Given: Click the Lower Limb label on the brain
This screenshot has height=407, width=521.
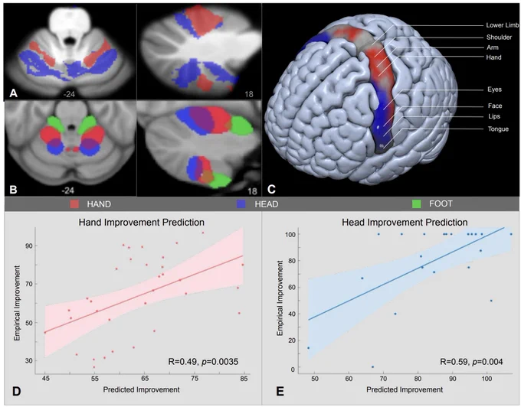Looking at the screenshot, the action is click(x=503, y=25).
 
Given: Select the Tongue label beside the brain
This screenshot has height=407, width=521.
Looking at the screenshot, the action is click(x=498, y=129).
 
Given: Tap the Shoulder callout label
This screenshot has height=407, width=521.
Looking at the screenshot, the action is click(x=499, y=37).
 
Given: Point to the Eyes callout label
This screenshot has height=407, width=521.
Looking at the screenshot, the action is click(x=494, y=90).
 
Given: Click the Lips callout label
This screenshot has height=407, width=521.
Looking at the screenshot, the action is click(x=494, y=116).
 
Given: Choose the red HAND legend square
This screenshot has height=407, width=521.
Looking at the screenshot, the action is click(x=74, y=203).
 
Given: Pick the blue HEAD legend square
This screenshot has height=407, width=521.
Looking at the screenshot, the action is click(x=241, y=203).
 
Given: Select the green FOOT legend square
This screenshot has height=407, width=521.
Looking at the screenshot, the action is click(x=416, y=203).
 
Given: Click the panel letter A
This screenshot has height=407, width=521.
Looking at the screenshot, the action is click(x=13, y=93).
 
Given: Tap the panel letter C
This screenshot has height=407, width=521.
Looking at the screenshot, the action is click(x=271, y=189).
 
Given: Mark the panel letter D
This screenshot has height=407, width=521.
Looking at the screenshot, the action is click(x=16, y=392).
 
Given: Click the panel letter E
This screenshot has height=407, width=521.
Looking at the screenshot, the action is click(x=280, y=392).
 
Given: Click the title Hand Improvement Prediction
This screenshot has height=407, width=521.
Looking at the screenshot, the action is click(x=142, y=222).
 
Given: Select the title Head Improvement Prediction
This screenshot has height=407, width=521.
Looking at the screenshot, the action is click(x=405, y=222).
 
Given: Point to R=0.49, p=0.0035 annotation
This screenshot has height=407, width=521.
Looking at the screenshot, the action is click(x=203, y=361).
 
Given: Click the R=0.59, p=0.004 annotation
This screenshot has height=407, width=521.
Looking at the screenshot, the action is click(x=471, y=361).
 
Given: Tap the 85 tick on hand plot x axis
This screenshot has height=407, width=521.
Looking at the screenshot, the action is click(x=244, y=379).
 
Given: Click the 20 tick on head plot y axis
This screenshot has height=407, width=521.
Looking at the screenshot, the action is click(x=290, y=340).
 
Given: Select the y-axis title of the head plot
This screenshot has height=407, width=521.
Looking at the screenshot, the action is click(x=280, y=298).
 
